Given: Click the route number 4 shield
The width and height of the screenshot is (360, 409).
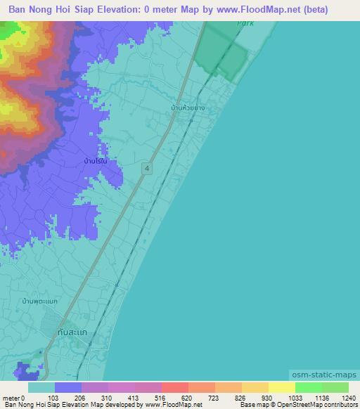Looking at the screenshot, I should point(146,168).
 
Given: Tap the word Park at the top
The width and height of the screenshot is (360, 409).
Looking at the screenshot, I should point(245,23).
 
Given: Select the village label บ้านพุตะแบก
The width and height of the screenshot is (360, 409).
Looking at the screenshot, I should point(39,301).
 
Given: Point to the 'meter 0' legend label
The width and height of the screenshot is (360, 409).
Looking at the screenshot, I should point(13,397).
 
